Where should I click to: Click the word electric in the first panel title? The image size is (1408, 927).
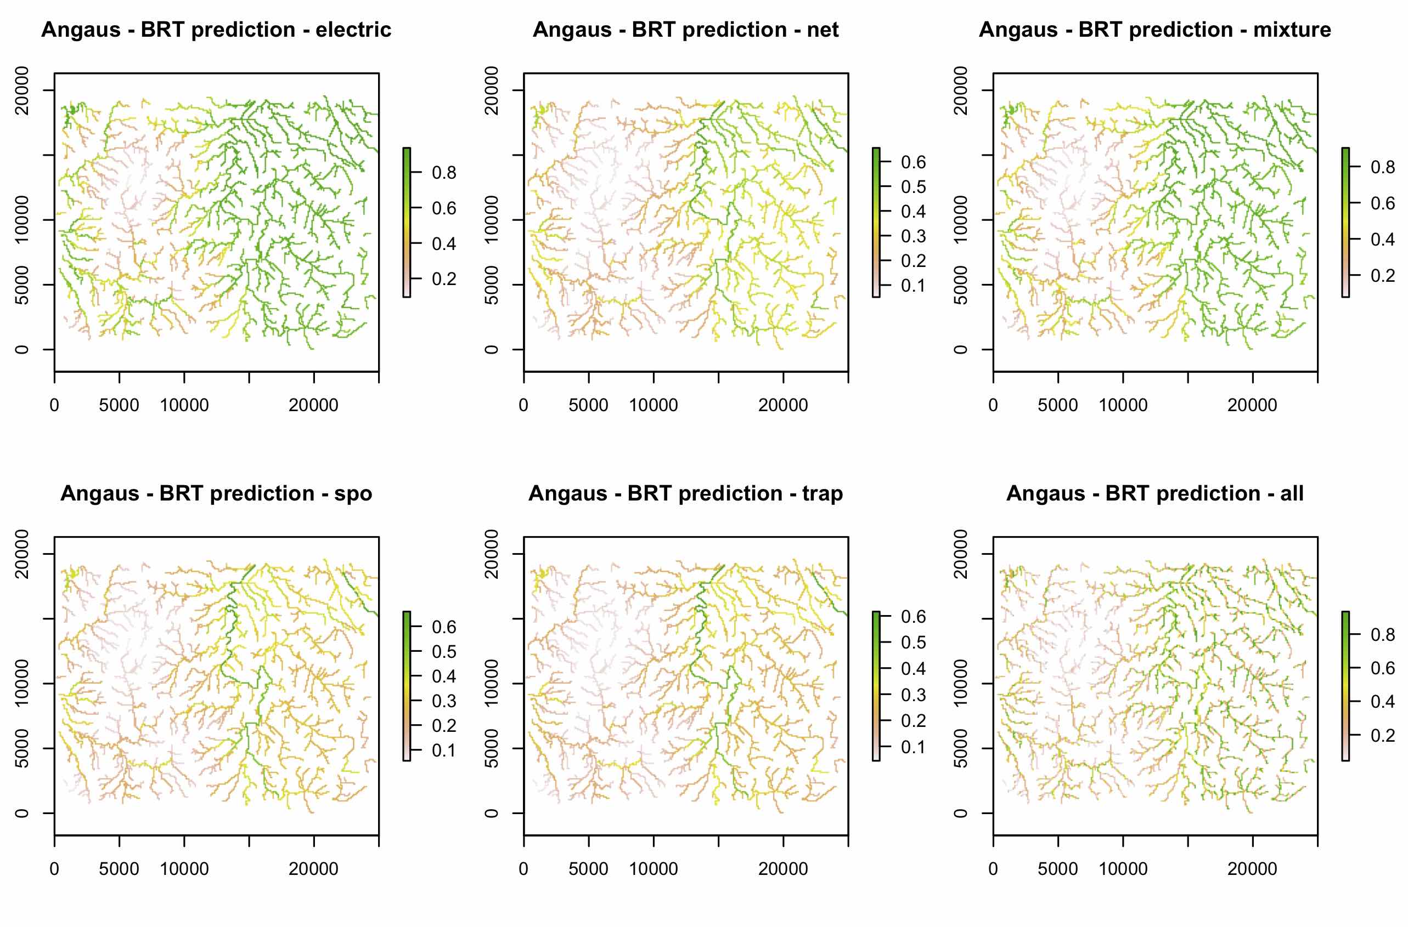pyautogui.click(x=353, y=30)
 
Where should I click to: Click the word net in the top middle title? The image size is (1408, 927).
pyautogui.click(x=823, y=30)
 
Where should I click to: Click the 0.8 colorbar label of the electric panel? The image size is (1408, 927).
pyautogui.click(x=444, y=173)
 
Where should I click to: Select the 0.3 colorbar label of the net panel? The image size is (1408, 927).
pyautogui.click(x=913, y=236)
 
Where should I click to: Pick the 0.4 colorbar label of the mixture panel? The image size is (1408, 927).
pyautogui.click(x=1383, y=240)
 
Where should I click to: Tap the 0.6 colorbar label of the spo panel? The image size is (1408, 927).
pyautogui.click(x=444, y=627)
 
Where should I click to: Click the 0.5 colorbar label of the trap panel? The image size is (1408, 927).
pyautogui.click(x=913, y=642)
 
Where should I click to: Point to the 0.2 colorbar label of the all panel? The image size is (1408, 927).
pyautogui.click(x=1383, y=736)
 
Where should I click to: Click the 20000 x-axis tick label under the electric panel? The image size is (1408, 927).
pyautogui.click(x=313, y=406)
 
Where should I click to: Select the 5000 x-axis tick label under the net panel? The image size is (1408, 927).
pyautogui.click(x=588, y=406)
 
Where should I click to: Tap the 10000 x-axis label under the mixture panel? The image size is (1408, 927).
pyautogui.click(x=1123, y=406)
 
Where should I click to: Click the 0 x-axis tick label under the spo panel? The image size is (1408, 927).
pyautogui.click(x=54, y=869)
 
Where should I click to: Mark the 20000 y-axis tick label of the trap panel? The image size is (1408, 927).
pyautogui.click(x=492, y=554)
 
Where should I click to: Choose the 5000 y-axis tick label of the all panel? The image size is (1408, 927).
pyautogui.click(x=961, y=748)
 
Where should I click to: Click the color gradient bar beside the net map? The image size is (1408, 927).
pyautogui.click(x=876, y=222)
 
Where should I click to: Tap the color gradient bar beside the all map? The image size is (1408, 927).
pyautogui.click(x=1345, y=686)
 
